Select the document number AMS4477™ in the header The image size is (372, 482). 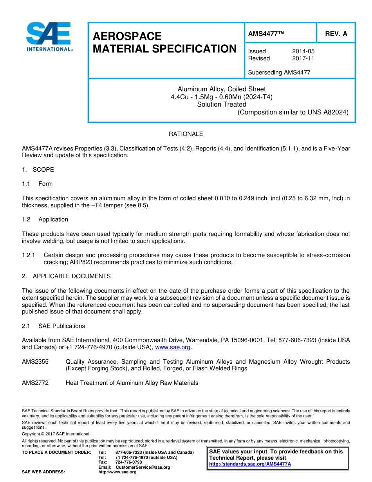point(266,34)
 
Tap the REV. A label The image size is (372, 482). point(336,34)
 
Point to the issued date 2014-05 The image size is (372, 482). point(303,51)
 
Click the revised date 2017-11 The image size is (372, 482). point(303,58)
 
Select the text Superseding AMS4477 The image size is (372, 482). point(279,72)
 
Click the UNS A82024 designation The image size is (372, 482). point(328,112)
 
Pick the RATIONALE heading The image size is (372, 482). point(186,134)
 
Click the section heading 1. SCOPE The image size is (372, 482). point(38,170)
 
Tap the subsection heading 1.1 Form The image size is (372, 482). point(37,184)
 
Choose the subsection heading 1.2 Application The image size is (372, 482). point(45,219)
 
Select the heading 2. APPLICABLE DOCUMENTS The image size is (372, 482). point(66,276)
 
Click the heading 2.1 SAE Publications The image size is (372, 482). point(53,326)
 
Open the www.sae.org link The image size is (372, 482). point(173,347)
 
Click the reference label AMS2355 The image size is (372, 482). point(35,362)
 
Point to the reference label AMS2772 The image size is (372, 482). point(35,383)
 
